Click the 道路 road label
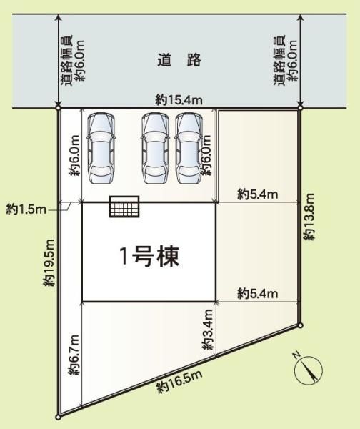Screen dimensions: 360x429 click(179, 60)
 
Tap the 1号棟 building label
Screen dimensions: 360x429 click(149, 257)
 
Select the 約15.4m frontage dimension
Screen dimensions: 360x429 click(179, 100)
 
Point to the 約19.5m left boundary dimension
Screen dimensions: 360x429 click(50, 262)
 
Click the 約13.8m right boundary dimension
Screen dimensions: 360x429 click(310, 217)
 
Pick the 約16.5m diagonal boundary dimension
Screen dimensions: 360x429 click(179, 382)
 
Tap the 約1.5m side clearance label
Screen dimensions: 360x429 click(26, 209)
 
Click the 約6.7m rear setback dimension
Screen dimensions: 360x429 click(74, 355)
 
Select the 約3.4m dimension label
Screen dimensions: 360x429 click(208, 330)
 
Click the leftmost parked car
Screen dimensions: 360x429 click(101, 148)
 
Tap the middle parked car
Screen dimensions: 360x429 click(155, 148)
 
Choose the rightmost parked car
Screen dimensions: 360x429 click(189, 148)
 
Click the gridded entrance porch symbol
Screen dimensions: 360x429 click(124, 207)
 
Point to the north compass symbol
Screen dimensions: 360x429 click(308, 370)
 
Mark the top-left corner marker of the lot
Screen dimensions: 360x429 click(58, 108)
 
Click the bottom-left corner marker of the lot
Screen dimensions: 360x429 click(58, 417)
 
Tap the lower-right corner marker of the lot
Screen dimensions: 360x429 click(301, 325)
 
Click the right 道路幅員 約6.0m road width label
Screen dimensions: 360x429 click(286, 61)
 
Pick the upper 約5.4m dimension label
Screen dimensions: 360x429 click(258, 194)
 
